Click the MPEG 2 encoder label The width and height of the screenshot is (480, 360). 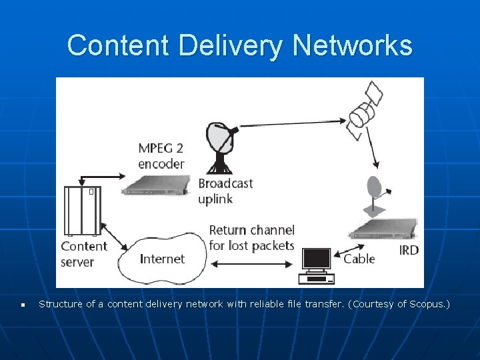click(x=161, y=155)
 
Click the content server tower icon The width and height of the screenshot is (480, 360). click(x=81, y=210)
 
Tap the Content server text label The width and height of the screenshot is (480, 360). click(x=83, y=254)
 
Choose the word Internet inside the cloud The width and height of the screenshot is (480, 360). click(x=163, y=259)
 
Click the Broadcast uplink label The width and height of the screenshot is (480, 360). click(x=225, y=191)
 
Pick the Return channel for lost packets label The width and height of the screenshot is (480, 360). click(x=251, y=238)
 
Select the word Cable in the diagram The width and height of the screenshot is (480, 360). click(x=359, y=259)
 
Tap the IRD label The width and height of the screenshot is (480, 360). click(x=409, y=251)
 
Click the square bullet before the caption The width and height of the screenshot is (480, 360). click(x=23, y=305)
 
